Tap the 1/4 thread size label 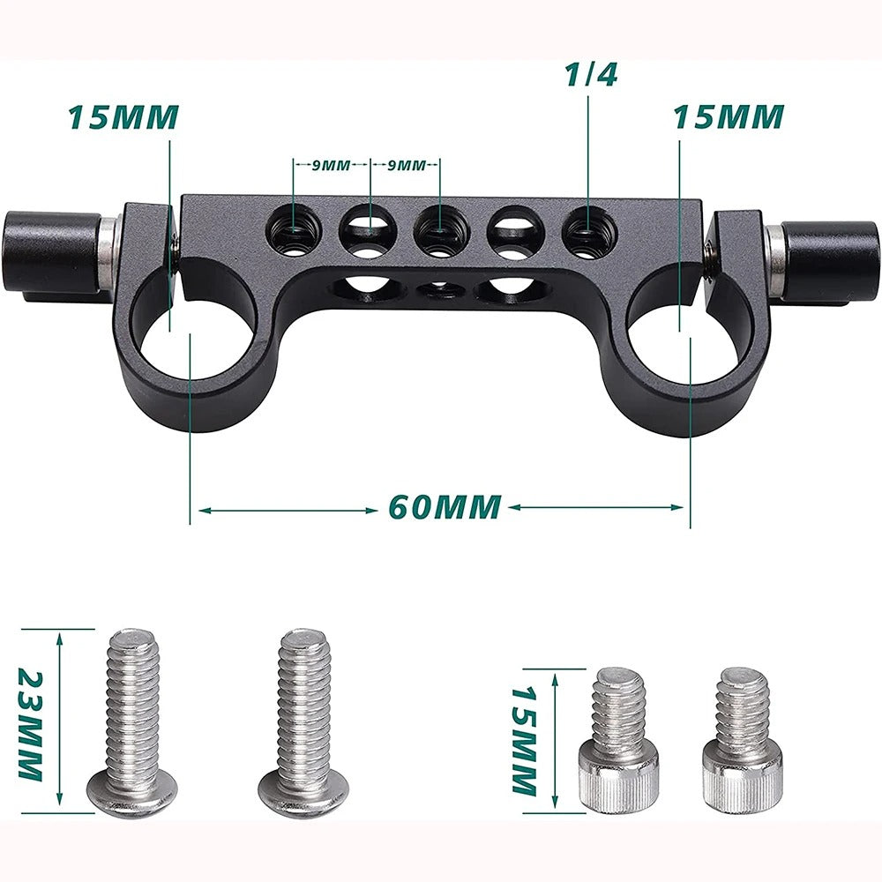click(591, 74)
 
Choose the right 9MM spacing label click(407, 164)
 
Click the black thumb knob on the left click(52, 254)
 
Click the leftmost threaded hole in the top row click(292, 232)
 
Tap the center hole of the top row click(438, 232)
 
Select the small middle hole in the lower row click(438, 288)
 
